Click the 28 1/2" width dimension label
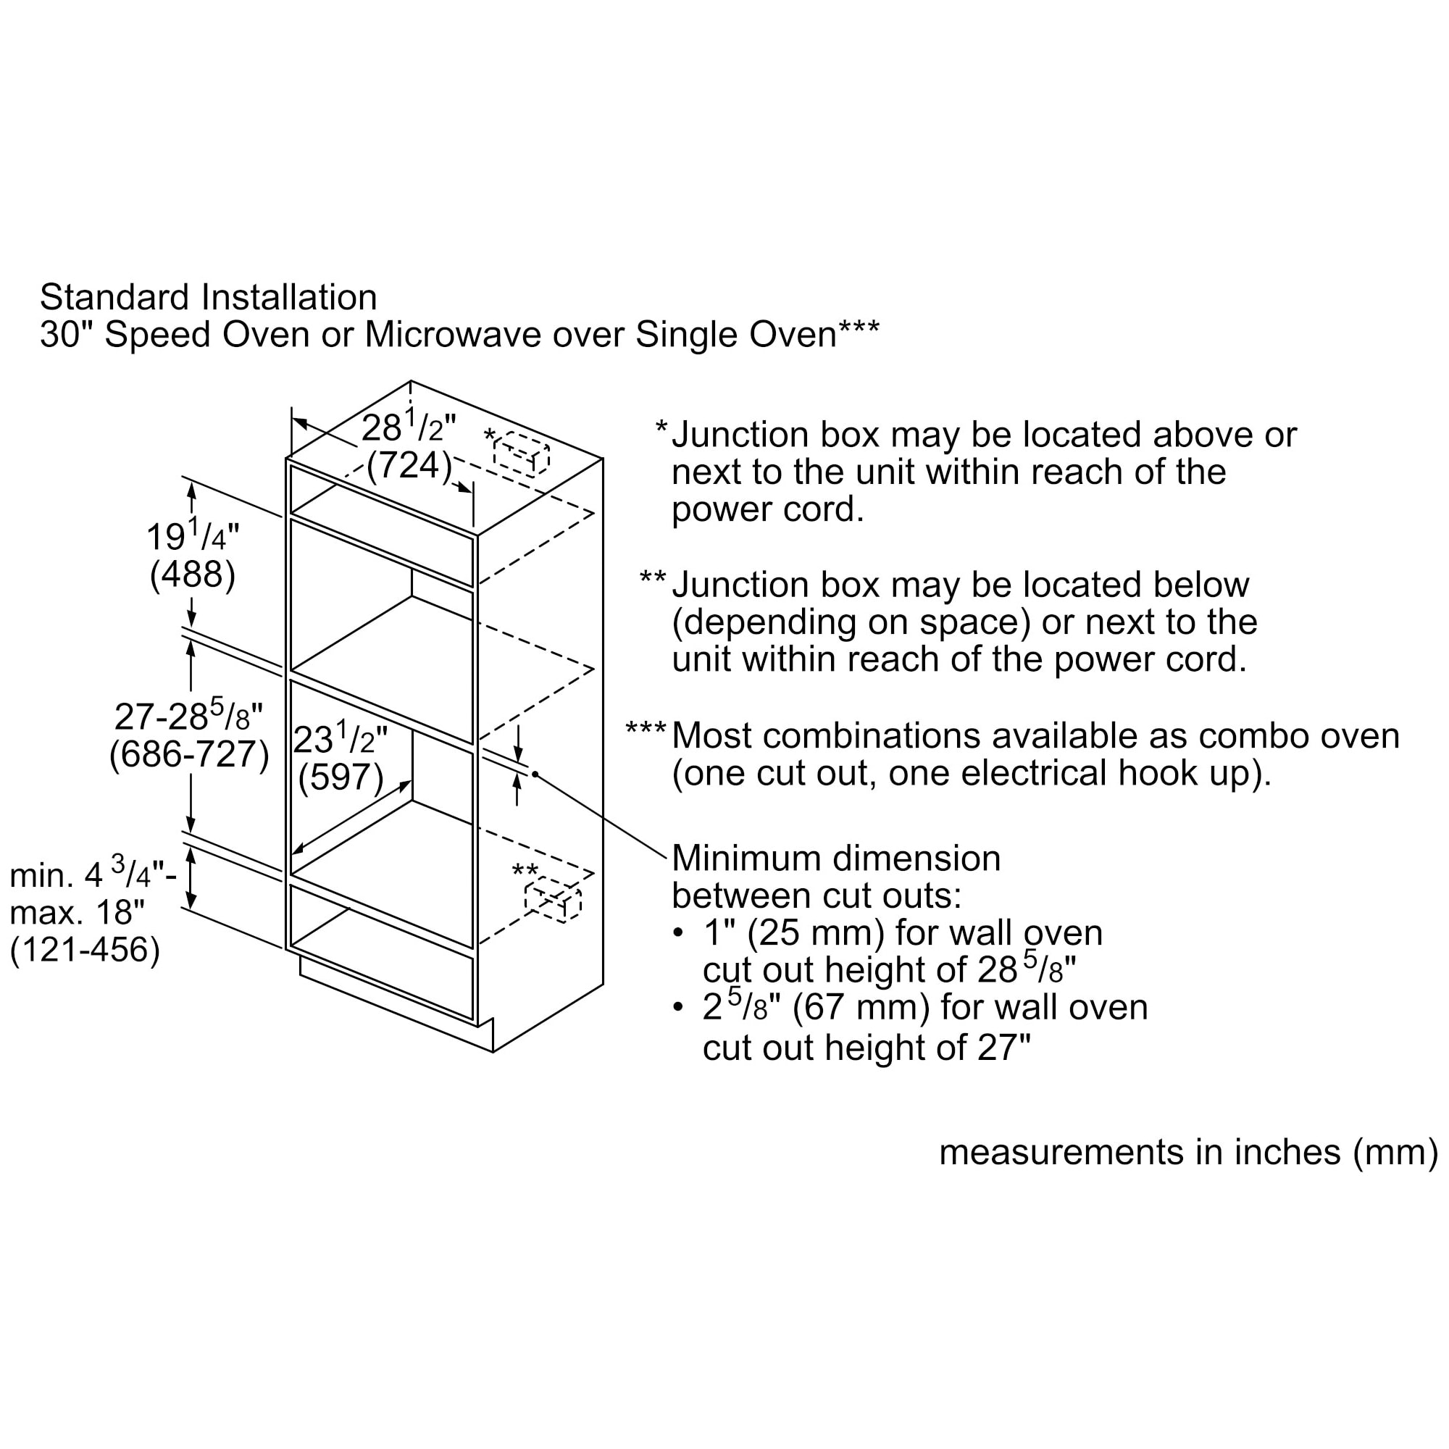[x=408, y=427]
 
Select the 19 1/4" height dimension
[x=192, y=536]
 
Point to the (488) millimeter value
[x=193, y=575]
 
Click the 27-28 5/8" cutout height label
[x=188, y=716]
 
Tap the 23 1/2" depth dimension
[x=340, y=740]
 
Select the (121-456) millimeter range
[x=85, y=950]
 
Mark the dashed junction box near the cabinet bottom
[x=553, y=899]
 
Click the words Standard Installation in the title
[x=209, y=297]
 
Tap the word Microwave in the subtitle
[x=454, y=334]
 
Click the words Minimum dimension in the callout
[x=836, y=858]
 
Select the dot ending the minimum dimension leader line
[x=535, y=774]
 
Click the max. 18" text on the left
[x=78, y=913]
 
